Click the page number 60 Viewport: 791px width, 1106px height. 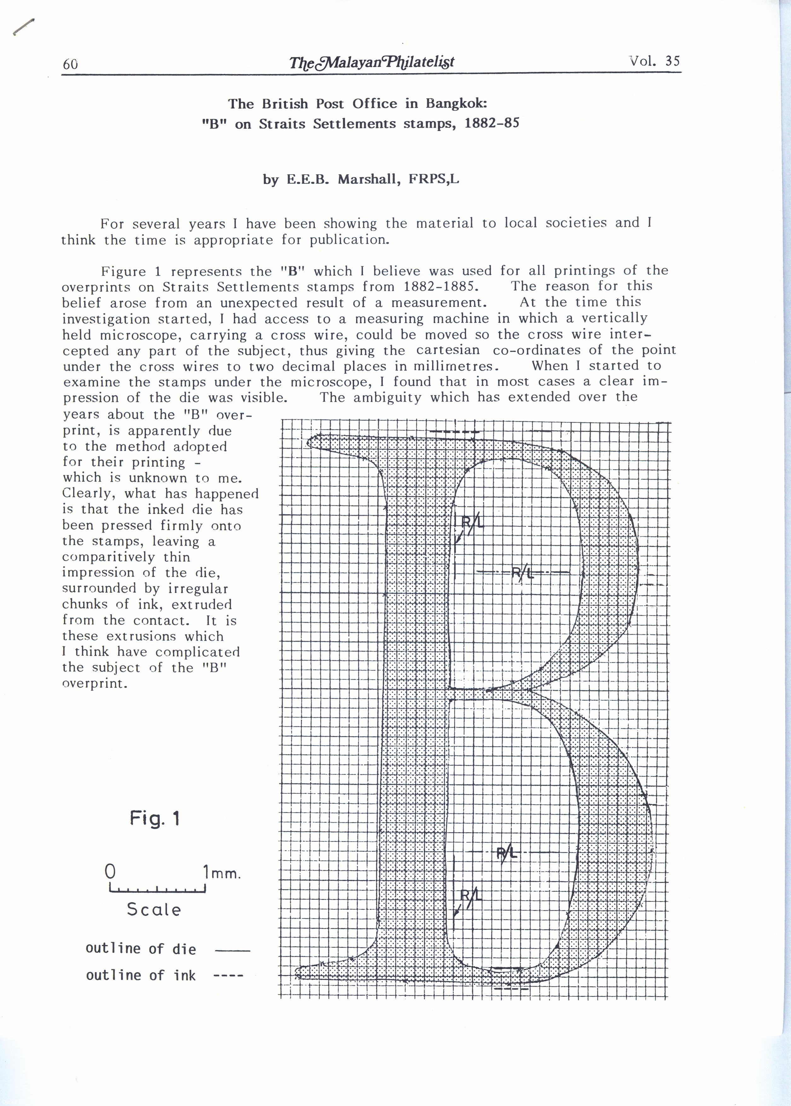tap(70, 64)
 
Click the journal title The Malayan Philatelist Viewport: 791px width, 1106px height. tap(371, 62)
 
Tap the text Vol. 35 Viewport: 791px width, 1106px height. tap(654, 61)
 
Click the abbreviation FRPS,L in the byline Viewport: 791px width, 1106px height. tap(434, 179)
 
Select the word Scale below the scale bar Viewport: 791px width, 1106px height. tap(154, 910)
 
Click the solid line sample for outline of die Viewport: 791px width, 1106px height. tap(232, 950)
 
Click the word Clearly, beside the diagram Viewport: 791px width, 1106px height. tap(89, 493)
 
